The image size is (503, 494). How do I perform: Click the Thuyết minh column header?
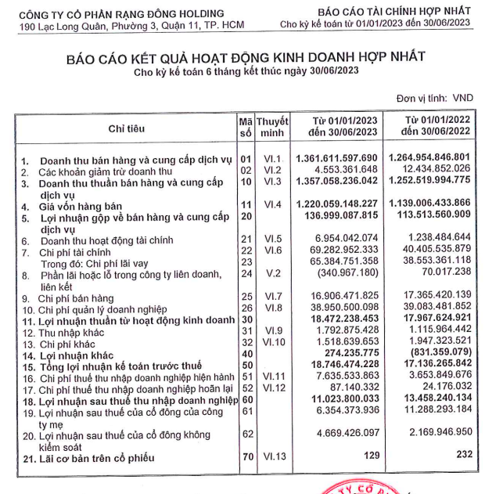tap(273, 128)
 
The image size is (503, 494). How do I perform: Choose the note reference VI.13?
tap(272, 456)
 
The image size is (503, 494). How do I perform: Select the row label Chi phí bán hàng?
tap(74, 298)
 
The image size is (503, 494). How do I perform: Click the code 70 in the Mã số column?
tap(244, 456)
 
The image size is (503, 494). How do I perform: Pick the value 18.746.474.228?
tap(343, 365)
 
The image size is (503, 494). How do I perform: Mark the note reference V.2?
tap(272, 274)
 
